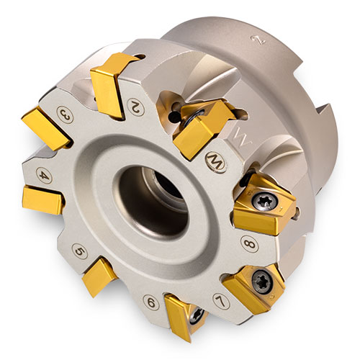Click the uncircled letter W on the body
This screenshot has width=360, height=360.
[x=240, y=137]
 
